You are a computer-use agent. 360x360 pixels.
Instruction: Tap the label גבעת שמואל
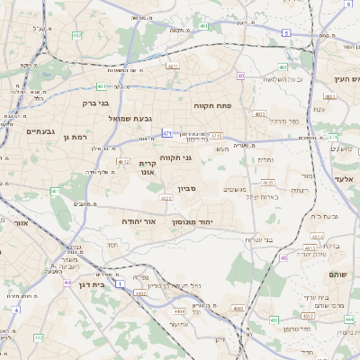pos(135,118)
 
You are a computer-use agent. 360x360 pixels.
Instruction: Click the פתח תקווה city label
pos(212,104)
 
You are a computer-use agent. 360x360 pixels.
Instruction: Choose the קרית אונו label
pos(148,167)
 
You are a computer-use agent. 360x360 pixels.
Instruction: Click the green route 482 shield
pos(77,35)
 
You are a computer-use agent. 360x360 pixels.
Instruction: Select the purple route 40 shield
pos(241,76)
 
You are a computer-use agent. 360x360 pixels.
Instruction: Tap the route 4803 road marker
pos(259,114)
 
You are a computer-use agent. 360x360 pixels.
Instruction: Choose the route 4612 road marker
pos(122,162)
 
